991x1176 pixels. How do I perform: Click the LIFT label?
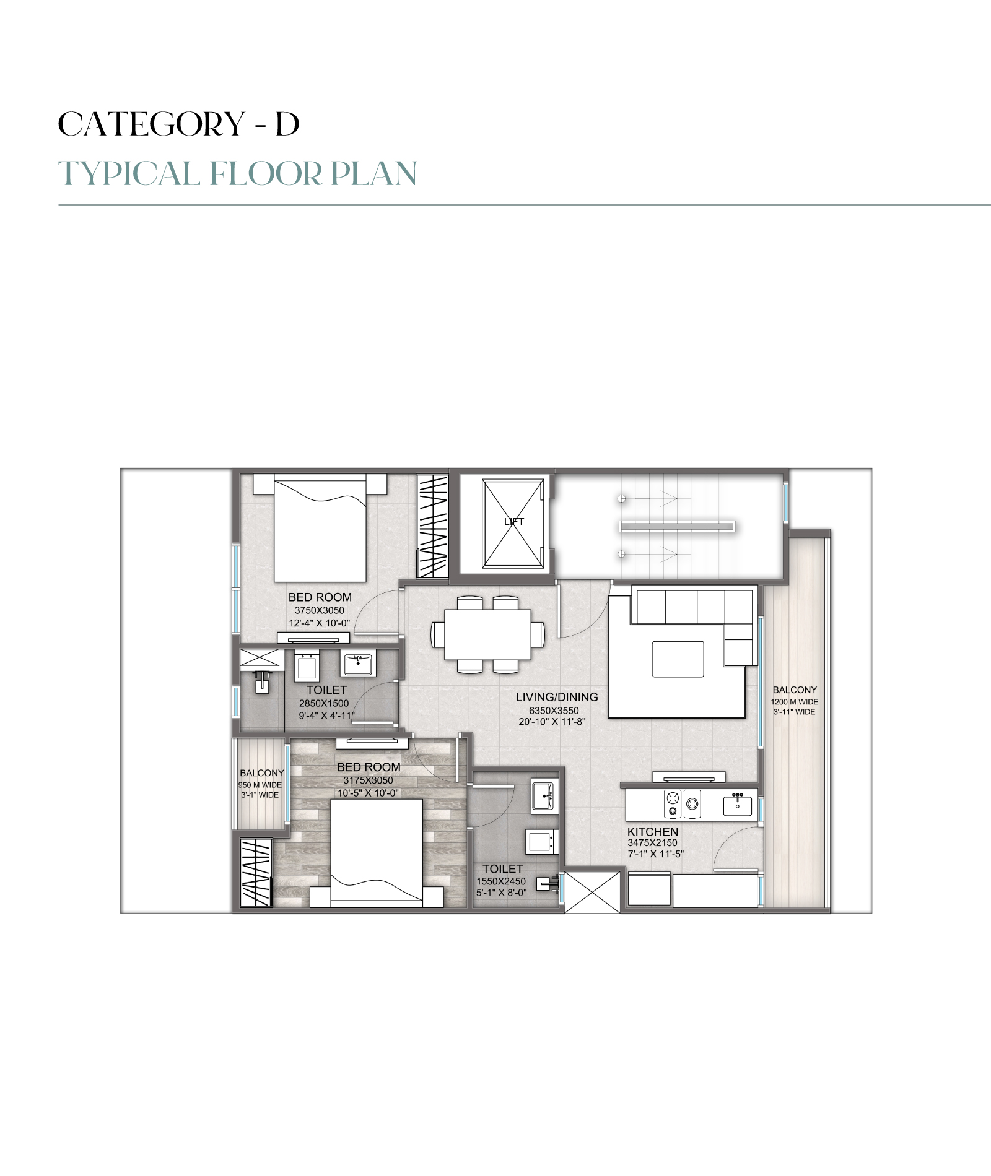tap(513, 522)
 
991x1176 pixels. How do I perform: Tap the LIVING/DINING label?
tap(557, 697)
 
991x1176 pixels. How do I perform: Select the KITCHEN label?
tap(653, 832)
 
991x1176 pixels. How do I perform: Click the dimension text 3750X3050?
tap(320, 610)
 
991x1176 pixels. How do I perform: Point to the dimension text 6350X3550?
tap(554, 711)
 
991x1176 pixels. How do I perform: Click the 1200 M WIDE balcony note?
tap(795, 702)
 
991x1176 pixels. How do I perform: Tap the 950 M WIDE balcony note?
tap(260, 785)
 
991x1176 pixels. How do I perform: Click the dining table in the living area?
tap(487, 634)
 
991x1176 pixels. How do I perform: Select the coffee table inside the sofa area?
tap(678, 659)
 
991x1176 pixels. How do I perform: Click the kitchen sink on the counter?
tap(737, 806)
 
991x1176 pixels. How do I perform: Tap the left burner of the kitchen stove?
tap(673, 805)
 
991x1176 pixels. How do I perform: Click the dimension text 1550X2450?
tap(501, 881)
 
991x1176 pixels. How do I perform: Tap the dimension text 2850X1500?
tap(324, 703)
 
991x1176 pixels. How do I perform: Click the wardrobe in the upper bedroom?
tap(432, 526)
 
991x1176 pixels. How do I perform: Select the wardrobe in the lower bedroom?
tap(256, 873)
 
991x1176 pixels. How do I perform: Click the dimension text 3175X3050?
tap(368, 780)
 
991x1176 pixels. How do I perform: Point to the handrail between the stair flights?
tap(677, 526)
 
